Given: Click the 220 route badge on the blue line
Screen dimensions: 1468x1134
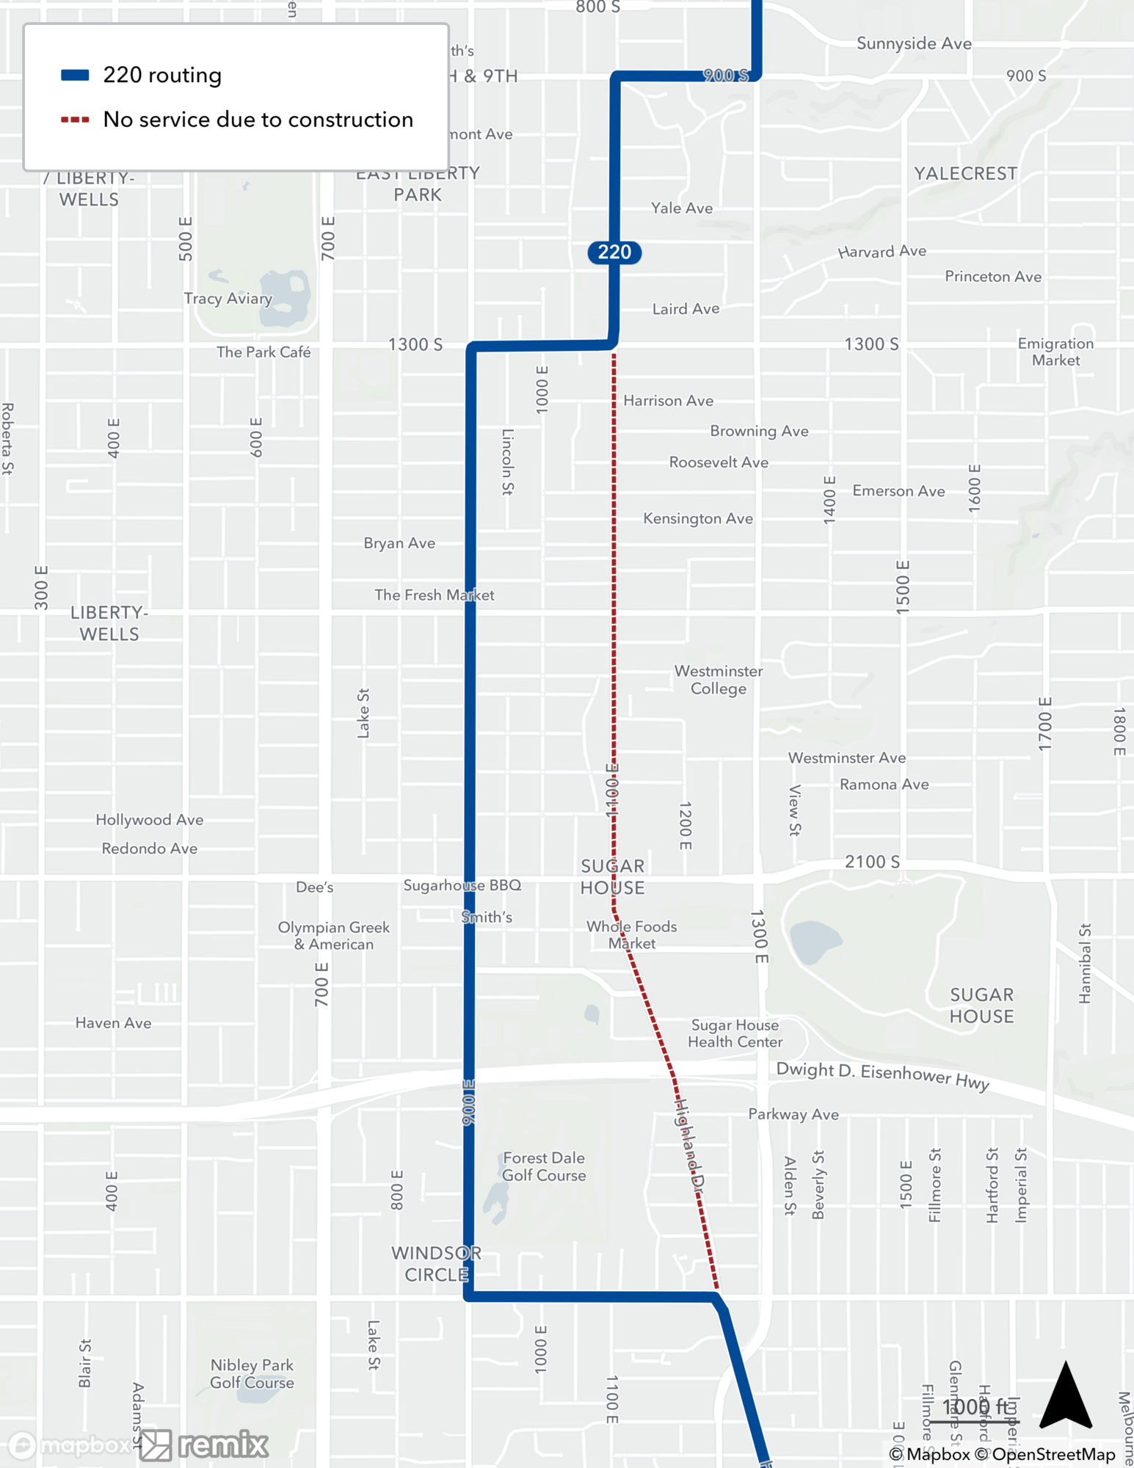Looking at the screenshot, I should tap(614, 252).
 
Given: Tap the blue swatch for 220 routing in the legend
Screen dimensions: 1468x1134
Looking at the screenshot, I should tap(75, 75).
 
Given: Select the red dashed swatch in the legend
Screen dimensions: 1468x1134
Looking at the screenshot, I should tap(75, 120).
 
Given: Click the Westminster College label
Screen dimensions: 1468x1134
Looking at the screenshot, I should tap(718, 680).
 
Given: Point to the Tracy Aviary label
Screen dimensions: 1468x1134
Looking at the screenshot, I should tap(228, 299).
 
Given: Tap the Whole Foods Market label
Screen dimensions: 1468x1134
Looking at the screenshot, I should tap(631, 934).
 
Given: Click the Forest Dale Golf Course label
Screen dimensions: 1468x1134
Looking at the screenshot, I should tap(544, 1166).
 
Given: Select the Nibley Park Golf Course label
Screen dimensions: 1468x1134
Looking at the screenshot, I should tap(252, 1373).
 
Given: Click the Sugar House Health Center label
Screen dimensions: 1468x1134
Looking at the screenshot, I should tap(735, 1033).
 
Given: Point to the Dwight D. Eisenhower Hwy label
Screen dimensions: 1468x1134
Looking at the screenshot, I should tap(882, 1075).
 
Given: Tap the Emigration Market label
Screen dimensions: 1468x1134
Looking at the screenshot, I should tap(1055, 352).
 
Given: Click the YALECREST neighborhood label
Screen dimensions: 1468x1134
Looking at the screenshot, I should tap(965, 174).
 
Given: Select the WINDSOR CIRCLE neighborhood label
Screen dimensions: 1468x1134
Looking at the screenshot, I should tap(436, 1263).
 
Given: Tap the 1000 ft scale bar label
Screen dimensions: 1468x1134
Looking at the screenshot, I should tap(975, 1406).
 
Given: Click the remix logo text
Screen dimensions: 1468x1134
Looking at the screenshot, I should tap(222, 1445).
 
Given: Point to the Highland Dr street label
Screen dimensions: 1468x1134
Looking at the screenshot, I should tap(689, 1144).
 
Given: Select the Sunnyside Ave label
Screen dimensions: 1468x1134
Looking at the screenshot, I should tap(914, 44).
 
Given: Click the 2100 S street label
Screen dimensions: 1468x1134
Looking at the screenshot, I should tap(872, 862).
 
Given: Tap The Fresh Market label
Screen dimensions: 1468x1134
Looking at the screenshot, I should tap(434, 595).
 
